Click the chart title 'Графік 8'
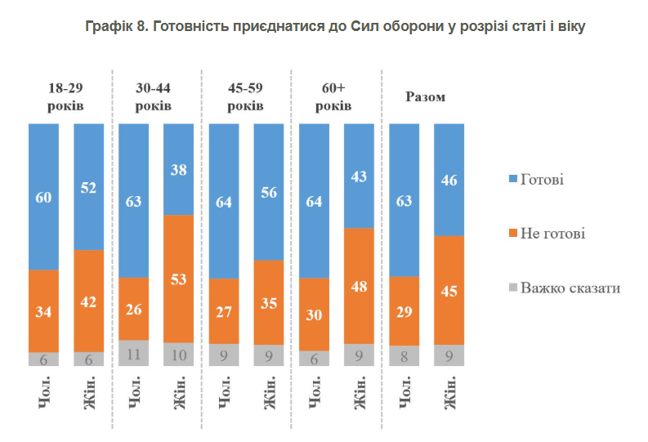(x=335, y=26)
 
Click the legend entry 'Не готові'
(x=549, y=234)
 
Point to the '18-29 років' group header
(x=66, y=97)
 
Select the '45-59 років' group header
(x=245, y=97)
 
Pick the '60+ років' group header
(x=334, y=97)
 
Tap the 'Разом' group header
(x=426, y=97)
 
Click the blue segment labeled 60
(x=43, y=196)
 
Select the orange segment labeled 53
(x=179, y=279)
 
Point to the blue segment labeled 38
(x=179, y=169)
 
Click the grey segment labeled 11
(x=134, y=353)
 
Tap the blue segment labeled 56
(x=269, y=192)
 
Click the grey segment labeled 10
(x=179, y=355)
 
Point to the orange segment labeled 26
(x=134, y=309)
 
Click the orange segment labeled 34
(x=43, y=310)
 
